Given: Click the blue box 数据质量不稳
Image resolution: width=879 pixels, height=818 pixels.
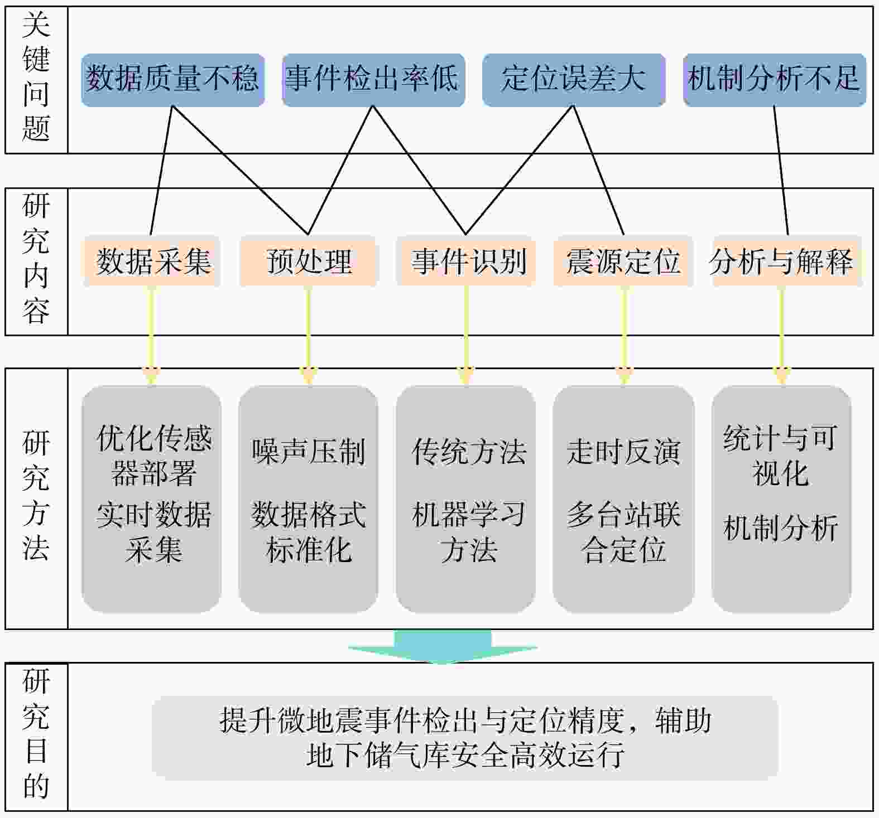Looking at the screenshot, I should [172, 79].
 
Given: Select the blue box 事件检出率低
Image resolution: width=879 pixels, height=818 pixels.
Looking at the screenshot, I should [373, 79].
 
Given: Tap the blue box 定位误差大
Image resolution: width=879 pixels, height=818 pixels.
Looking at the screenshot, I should [573, 79].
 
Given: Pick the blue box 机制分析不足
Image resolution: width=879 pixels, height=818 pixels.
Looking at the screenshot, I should [774, 79].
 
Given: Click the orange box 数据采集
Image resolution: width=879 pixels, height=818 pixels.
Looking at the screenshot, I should [152, 261].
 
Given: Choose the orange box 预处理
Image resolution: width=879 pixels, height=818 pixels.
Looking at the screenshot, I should [309, 261].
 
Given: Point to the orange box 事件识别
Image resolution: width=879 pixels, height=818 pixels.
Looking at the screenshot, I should [467, 261].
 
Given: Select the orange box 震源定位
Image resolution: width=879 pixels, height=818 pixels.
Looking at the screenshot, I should [623, 261].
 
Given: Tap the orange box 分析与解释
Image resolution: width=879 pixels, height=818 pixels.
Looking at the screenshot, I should [781, 261].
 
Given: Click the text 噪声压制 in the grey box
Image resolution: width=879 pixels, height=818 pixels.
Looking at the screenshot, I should [309, 452].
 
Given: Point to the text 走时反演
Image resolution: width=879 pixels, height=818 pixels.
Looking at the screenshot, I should [623, 452].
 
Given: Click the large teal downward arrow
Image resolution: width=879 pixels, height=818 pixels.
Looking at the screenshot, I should [443, 647].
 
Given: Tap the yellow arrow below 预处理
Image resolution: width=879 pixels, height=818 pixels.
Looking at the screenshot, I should [309, 335].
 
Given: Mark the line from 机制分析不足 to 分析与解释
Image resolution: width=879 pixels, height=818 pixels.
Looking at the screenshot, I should [781, 170].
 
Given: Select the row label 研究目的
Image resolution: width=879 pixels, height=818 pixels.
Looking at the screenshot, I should [36, 736].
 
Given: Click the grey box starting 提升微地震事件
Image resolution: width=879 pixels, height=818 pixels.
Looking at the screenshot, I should [464, 737].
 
